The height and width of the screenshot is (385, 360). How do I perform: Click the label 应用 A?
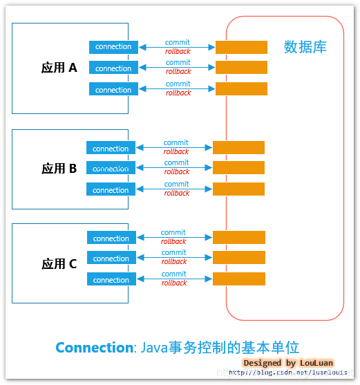click(59, 68)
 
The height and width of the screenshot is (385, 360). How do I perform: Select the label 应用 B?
click(59, 168)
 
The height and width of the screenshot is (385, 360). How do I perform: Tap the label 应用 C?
click(59, 263)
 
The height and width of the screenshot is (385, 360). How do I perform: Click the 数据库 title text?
click(305, 47)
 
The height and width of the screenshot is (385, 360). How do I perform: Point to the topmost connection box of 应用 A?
click(113, 47)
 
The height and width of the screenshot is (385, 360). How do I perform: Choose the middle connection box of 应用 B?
click(111, 168)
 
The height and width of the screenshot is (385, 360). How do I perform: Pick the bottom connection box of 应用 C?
click(111, 280)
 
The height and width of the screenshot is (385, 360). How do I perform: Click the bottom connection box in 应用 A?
click(113, 90)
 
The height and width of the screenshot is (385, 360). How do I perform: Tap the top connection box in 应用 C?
click(111, 238)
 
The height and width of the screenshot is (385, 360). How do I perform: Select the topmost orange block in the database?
click(241, 47)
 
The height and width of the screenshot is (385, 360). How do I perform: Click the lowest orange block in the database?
click(239, 279)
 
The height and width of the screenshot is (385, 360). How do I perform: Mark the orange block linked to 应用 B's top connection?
click(238, 147)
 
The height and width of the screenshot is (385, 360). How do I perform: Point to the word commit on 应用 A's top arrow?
click(178, 42)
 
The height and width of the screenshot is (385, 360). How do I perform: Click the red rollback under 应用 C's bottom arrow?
click(174, 283)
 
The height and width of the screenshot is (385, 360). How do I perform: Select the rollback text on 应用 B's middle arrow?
click(176, 172)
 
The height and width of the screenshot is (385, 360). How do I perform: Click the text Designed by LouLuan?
click(288, 363)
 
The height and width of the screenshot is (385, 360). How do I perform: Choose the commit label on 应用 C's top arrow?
click(173, 233)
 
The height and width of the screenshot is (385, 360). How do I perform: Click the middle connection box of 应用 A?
click(113, 68)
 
